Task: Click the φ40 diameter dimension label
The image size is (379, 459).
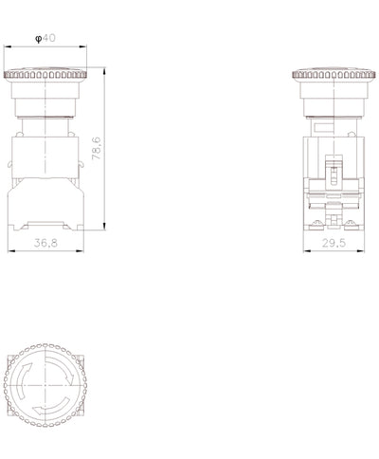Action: tap(45, 38)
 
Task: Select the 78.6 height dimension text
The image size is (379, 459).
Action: tap(97, 148)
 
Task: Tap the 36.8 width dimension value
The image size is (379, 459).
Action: tap(45, 243)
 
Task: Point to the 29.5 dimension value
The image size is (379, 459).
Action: tap(334, 243)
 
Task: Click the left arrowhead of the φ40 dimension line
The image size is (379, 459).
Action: tap(8, 46)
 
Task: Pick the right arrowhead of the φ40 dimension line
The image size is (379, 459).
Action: tap(82, 46)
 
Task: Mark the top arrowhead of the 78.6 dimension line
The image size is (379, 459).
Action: tap(104, 71)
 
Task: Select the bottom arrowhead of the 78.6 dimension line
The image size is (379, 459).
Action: tap(104, 226)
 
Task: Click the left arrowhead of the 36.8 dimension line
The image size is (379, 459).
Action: tap(11, 251)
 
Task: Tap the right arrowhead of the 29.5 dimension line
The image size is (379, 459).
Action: tap(361, 251)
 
